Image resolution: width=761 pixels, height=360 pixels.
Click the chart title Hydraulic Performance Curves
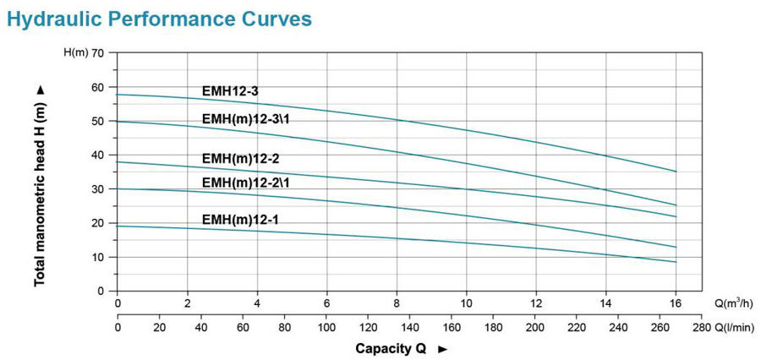click(158, 19)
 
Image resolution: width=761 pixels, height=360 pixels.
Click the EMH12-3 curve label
click(229, 90)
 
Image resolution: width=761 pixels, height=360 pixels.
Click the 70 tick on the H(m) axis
click(97, 53)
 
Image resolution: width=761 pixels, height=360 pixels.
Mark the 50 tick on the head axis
click(97, 121)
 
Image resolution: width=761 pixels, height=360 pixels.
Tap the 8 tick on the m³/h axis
click(397, 303)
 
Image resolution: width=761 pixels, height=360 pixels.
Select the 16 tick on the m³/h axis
click(676, 303)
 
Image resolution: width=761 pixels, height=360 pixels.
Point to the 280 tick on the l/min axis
click(702, 326)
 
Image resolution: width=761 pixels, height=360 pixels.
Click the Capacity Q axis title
click(393, 348)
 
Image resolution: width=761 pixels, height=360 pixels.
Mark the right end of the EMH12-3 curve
click(676, 172)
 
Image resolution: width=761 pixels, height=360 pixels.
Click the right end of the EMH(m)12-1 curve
click(676, 262)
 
